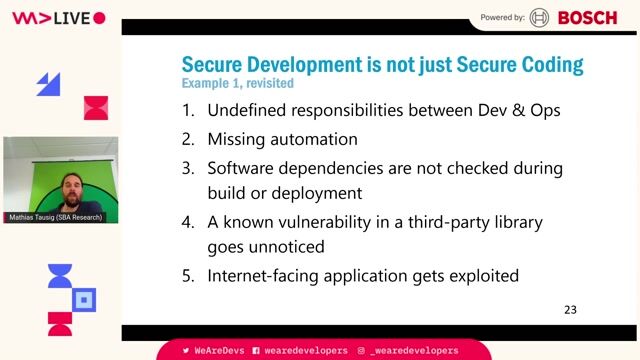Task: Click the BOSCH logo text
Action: (x=587, y=17)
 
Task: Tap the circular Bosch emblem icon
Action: (x=540, y=17)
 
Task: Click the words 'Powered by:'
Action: (x=502, y=17)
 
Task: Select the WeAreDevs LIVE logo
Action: (x=58, y=18)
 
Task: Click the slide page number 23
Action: (x=570, y=310)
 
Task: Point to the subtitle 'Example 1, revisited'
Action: (x=231, y=83)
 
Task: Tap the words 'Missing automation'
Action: (x=282, y=138)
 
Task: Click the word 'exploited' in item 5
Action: (x=482, y=275)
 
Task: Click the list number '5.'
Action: (x=188, y=275)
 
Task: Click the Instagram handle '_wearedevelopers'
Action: (x=413, y=351)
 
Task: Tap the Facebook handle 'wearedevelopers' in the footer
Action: (x=305, y=351)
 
